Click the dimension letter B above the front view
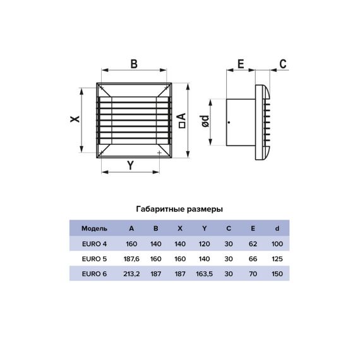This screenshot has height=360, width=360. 134,64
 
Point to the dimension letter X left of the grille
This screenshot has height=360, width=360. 75,119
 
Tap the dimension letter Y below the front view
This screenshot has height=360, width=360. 130,165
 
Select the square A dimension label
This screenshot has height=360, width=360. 182,121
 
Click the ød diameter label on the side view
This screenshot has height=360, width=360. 205,121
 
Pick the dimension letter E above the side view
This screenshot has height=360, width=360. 241,64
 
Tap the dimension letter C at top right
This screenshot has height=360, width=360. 283,64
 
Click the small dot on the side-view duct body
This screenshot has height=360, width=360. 229,123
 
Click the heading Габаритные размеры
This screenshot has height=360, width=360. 179,209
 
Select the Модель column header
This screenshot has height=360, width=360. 94,229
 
